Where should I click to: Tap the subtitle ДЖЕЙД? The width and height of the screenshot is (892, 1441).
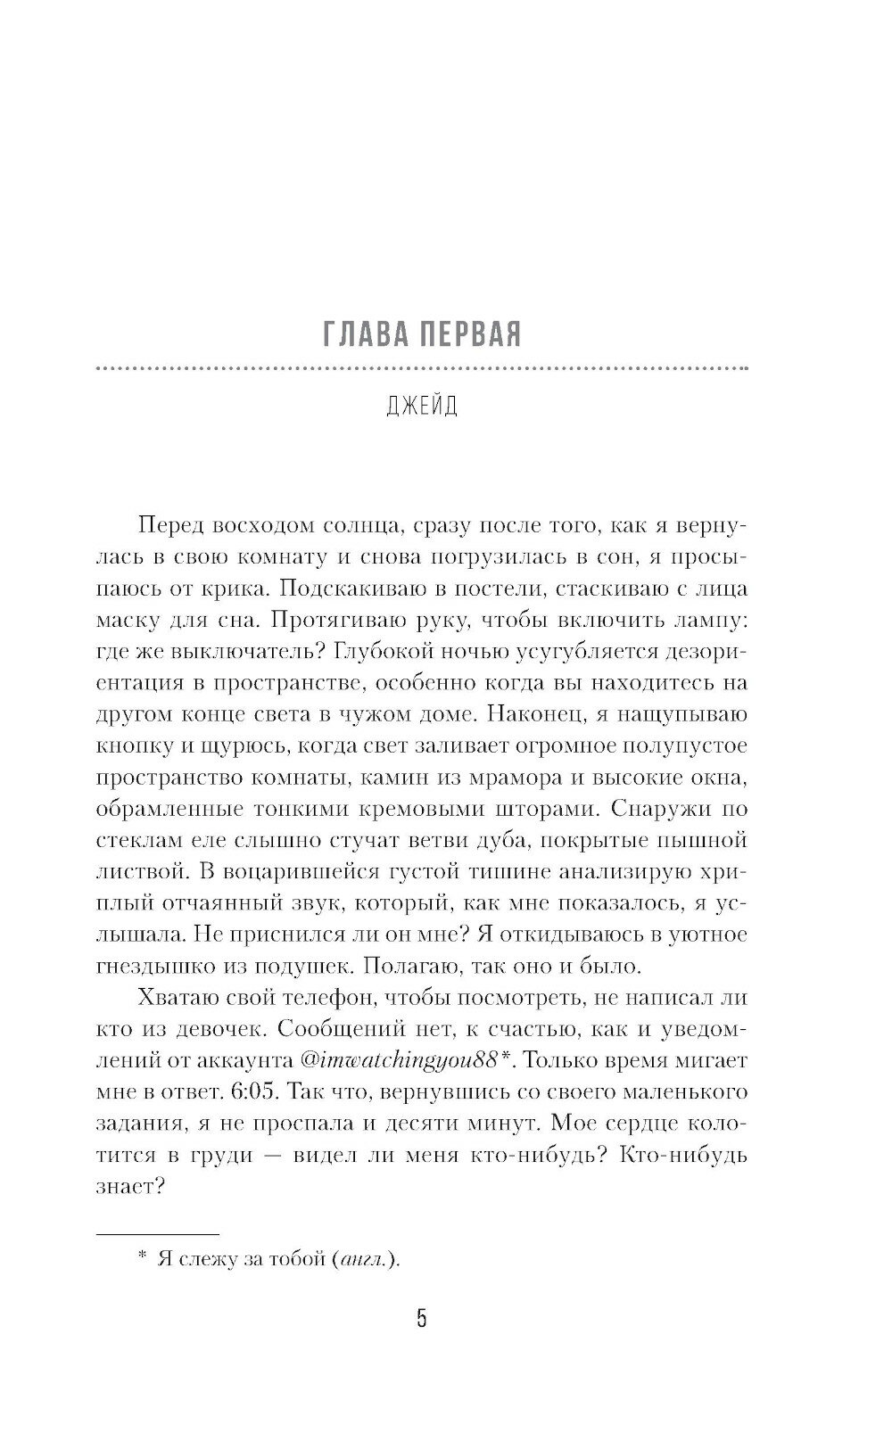(x=423, y=406)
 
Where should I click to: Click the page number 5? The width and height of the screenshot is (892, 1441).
(x=422, y=1319)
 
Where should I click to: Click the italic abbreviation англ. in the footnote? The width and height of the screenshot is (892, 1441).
(x=365, y=1259)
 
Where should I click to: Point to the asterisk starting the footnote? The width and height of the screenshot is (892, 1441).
(x=142, y=1256)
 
